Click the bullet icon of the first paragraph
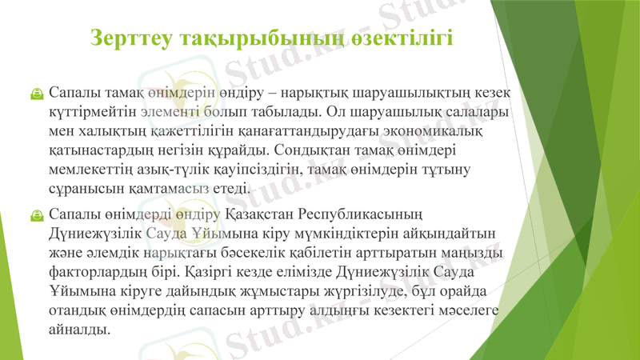click(37, 94)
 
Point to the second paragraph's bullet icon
click(37, 215)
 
